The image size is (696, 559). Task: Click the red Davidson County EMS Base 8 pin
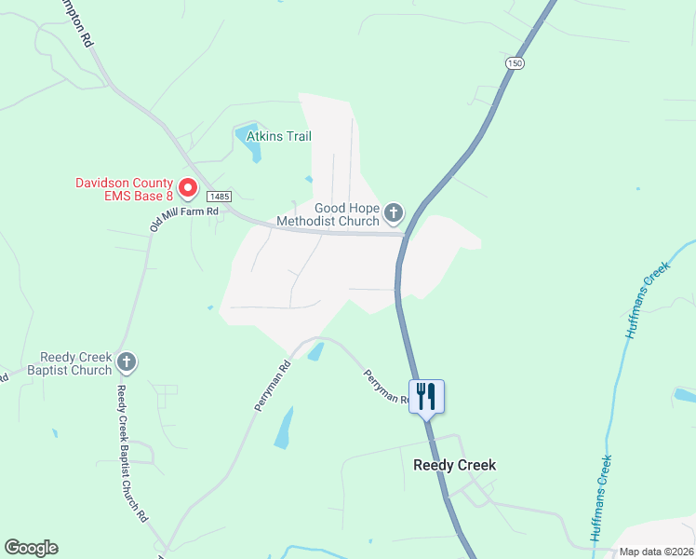click(x=187, y=189)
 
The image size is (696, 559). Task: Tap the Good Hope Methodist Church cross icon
click(x=394, y=214)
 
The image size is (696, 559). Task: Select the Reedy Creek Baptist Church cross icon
click(x=127, y=363)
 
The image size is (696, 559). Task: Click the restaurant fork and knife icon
click(x=426, y=396)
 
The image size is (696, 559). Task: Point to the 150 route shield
click(x=515, y=62)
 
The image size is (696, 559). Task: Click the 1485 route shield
click(x=220, y=197)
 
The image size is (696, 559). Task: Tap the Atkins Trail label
click(x=278, y=137)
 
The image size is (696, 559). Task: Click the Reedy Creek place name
click(x=454, y=465)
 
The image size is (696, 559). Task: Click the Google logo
click(x=31, y=548)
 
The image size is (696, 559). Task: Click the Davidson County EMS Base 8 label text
click(x=124, y=189)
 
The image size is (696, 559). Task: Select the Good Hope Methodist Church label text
click(x=333, y=215)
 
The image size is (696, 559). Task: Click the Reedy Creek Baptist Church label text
click(x=76, y=363)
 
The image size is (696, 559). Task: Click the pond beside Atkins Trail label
click(x=249, y=139)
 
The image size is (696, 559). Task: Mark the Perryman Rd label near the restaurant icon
click(x=385, y=385)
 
